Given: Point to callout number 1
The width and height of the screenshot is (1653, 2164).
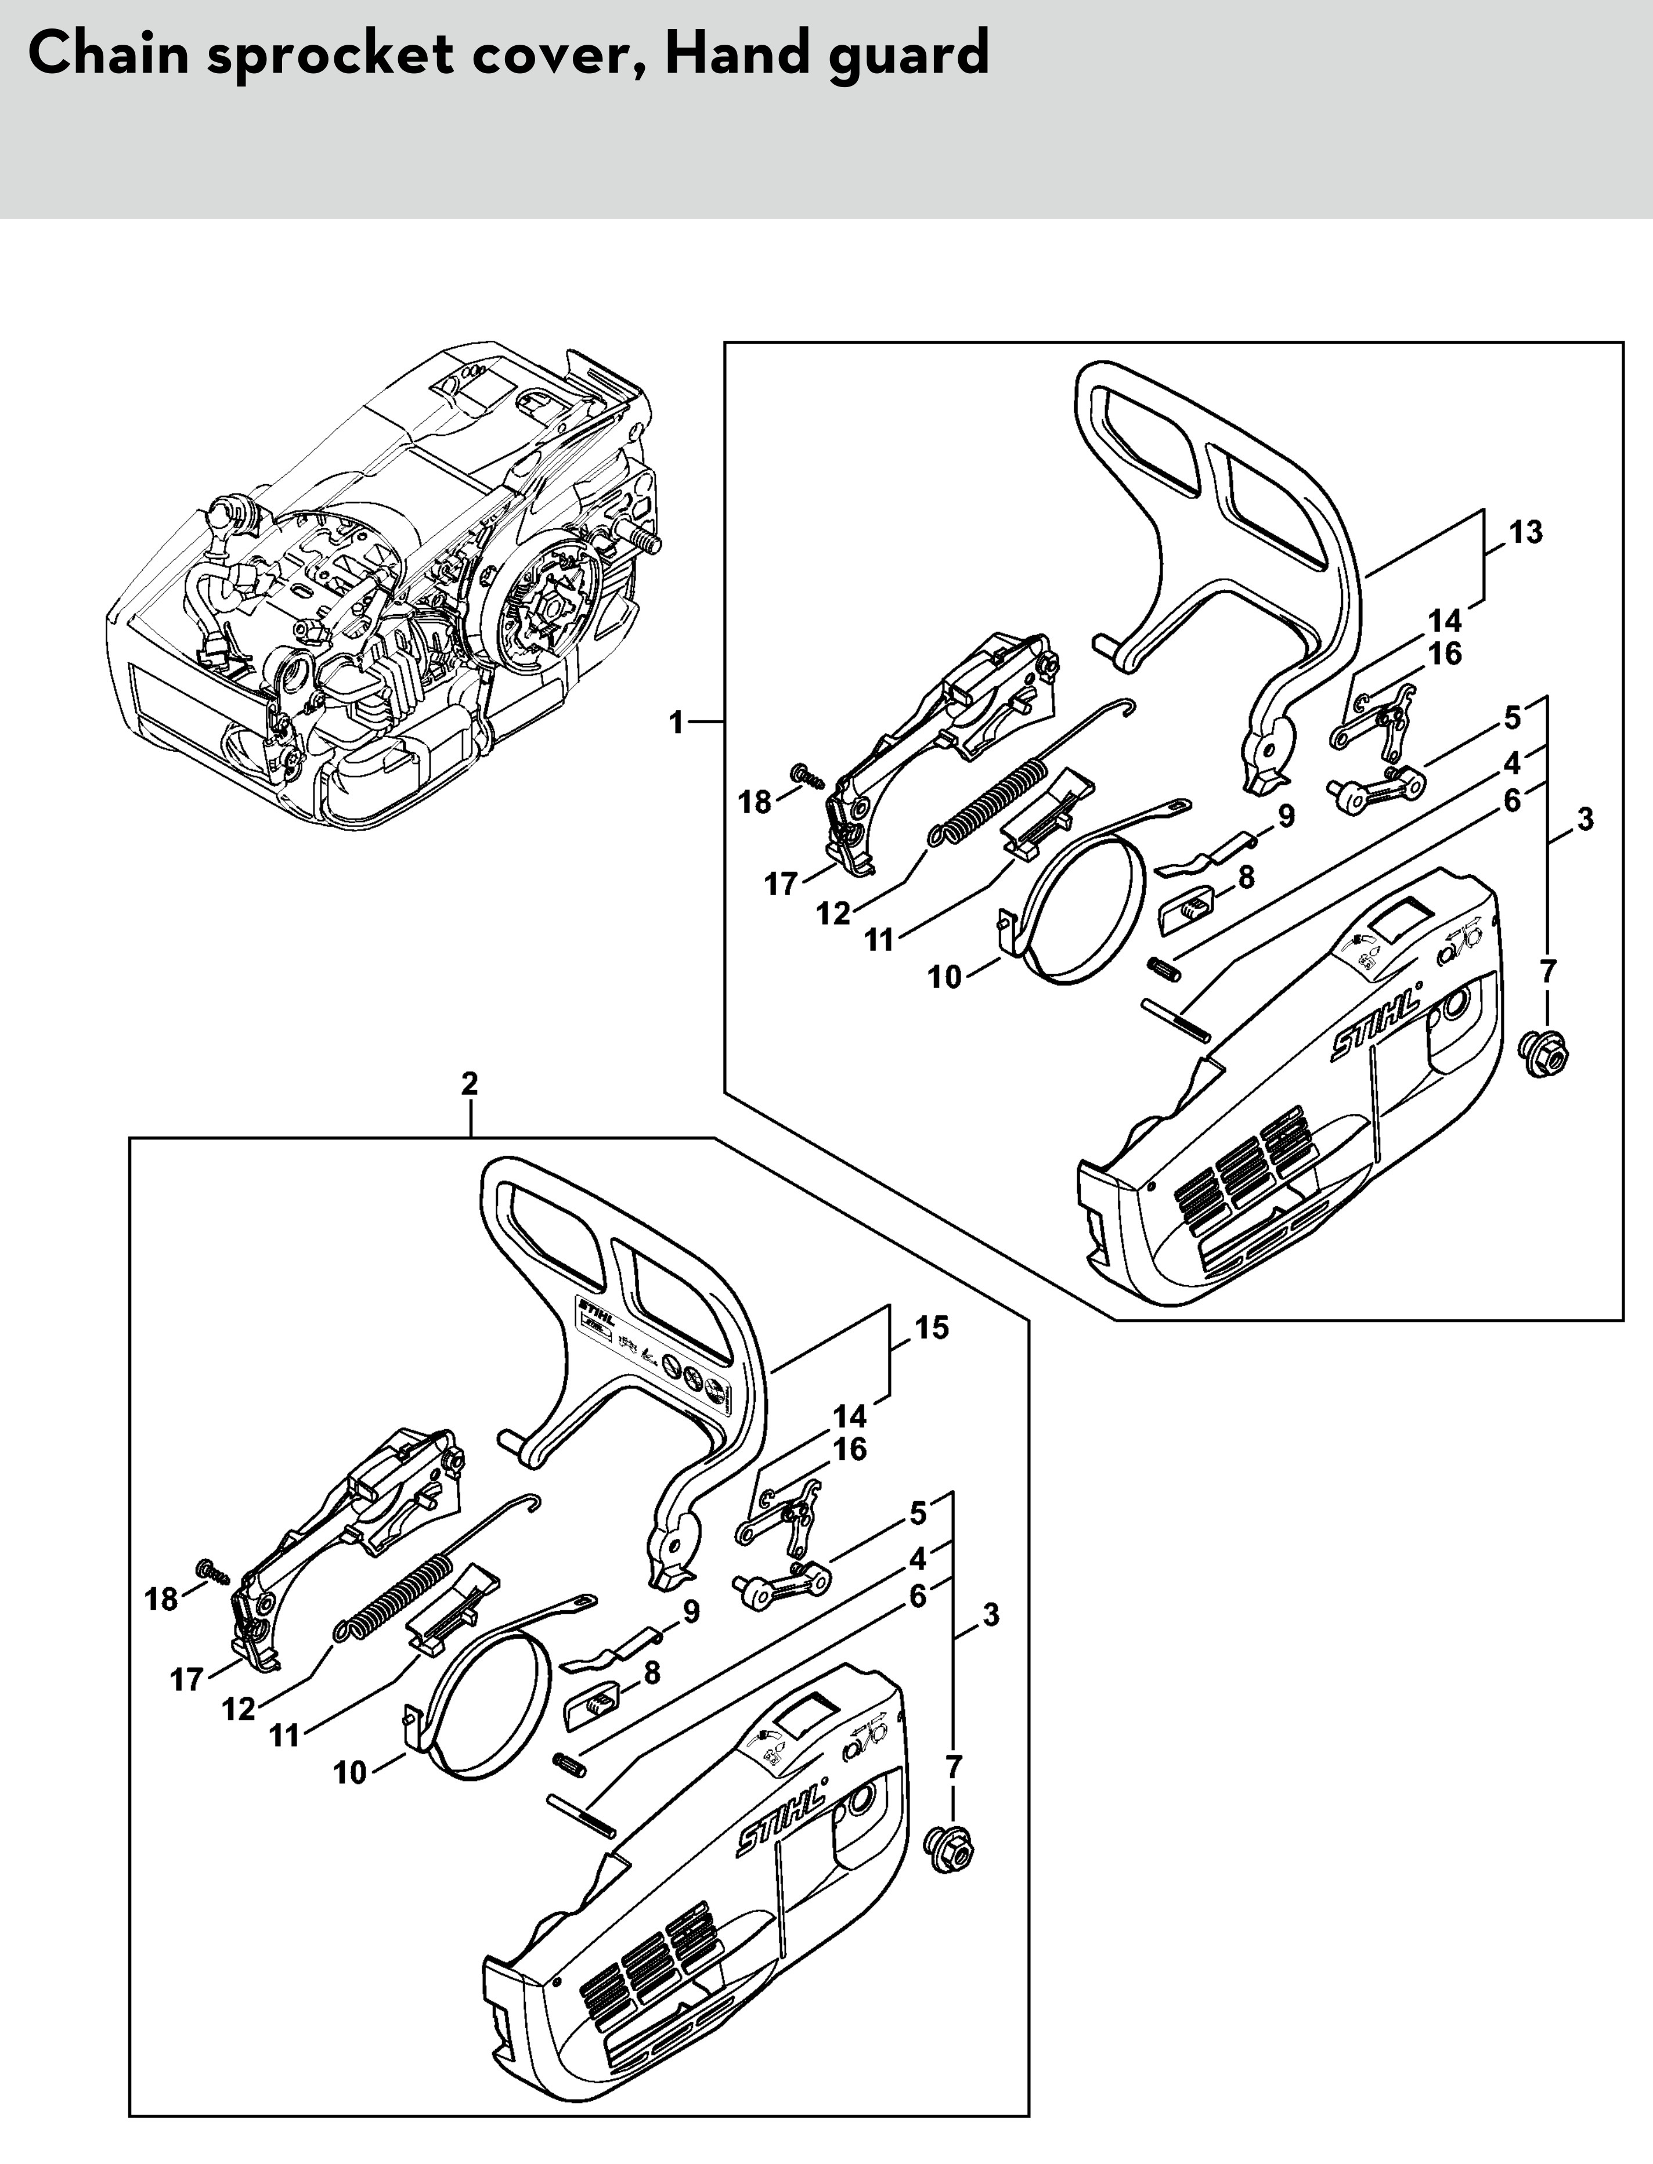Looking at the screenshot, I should click(676, 723).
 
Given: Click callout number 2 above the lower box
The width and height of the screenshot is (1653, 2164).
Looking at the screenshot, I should click(470, 1084).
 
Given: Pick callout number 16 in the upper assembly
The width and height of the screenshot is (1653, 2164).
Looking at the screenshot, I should click(1445, 654).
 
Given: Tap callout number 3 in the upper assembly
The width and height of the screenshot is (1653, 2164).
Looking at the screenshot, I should click(1584, 819).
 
